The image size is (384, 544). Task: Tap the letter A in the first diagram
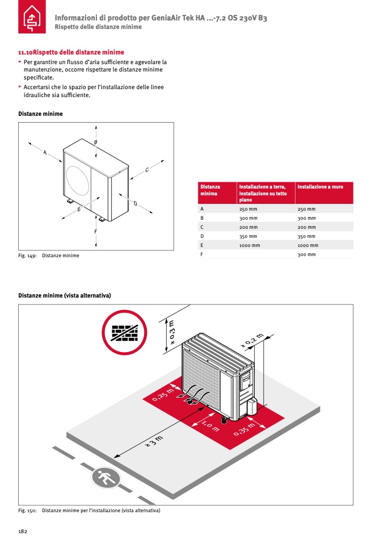45,152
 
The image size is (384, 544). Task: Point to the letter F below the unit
95,231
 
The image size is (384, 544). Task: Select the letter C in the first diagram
146,169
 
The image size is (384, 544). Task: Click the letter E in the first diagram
79,210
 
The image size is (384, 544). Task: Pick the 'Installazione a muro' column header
320,187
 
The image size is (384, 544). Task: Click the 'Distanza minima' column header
210,190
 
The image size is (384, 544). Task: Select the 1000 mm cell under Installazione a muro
307,245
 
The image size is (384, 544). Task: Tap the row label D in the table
202,236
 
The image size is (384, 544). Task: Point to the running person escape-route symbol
106,478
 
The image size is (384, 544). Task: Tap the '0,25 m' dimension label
163,394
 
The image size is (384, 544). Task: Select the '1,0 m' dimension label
211,425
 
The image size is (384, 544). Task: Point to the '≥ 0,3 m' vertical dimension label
172,332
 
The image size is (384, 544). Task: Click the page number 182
23,531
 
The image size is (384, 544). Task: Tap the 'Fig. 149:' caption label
28,256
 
